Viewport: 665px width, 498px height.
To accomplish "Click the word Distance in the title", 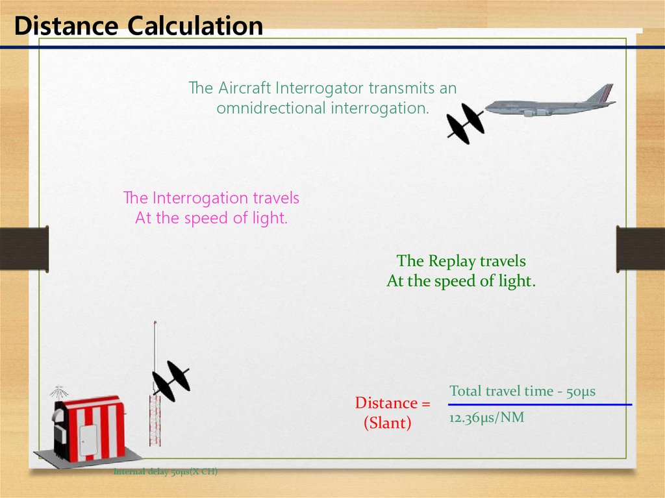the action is [x=66, y=25].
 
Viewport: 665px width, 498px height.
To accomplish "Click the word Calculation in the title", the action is [x=195, y=25].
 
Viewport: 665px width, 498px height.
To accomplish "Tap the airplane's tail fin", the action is [x=601, y=92].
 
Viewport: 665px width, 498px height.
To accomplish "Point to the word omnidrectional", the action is [x=271, y=108].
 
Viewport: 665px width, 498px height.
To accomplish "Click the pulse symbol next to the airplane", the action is [x=465, y=123].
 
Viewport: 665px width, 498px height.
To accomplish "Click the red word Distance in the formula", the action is [x=386, y=403].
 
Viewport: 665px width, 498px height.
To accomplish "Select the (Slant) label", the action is [x=388, y=423].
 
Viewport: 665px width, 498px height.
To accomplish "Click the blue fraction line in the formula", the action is [x=540, y=405].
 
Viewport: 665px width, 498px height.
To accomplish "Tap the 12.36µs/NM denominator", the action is [x=487, y=418].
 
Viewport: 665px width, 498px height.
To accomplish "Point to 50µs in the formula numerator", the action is [x=581, y=391].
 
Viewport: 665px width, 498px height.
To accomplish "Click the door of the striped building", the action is [x=88, y=440].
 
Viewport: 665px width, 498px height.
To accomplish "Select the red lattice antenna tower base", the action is [x=155, y=420].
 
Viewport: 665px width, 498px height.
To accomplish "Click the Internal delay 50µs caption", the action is [x=166, y=471].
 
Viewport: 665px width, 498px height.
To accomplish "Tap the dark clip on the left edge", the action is [x=24, y=249].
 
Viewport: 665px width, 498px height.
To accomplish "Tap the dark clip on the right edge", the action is [x=640, y=249].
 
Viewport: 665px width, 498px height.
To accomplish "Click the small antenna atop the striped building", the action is [x=58, y=392].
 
